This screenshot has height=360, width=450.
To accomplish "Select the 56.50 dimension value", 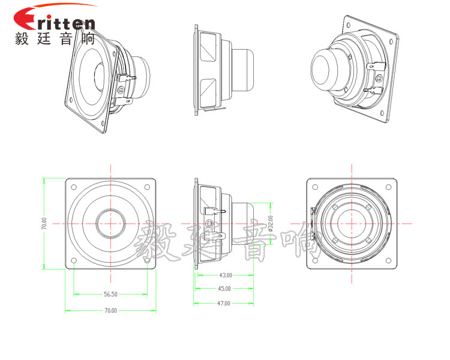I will [110, 295].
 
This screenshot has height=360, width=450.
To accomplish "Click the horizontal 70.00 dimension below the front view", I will [110, 311].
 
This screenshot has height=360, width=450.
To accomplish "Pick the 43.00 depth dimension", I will [225, 275].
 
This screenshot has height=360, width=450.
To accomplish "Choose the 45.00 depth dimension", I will [225, 288].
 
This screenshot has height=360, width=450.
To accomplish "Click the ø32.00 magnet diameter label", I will [271, 223].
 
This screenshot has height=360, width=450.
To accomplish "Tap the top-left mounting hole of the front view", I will [73, 185].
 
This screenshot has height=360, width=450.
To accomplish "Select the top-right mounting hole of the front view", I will [148, 185].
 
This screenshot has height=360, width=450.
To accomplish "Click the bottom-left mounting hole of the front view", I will [73, 260].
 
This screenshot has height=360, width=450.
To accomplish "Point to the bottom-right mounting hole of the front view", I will [148, 260].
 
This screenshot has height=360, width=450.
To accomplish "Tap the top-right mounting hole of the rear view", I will [389, 185].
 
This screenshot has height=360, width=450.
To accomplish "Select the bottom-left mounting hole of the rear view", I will [314, 260].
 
